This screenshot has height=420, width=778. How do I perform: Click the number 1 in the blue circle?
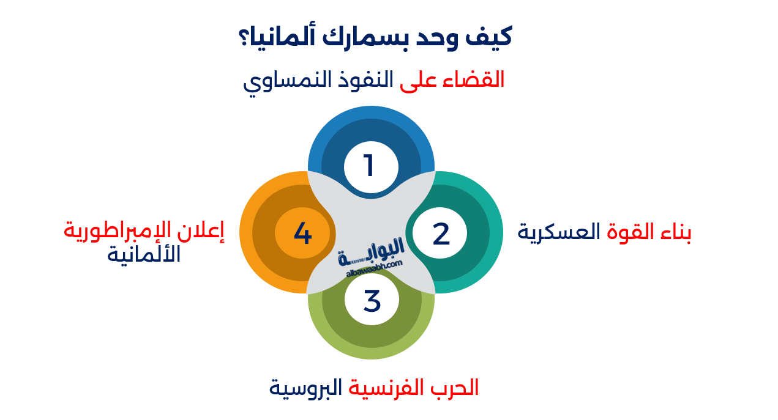(x=369, y=166)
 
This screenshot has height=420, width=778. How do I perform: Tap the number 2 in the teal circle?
(x=441, y=234)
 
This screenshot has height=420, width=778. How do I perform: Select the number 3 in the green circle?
(x=372, y=301)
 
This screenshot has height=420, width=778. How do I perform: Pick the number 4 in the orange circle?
(x=302, y=234)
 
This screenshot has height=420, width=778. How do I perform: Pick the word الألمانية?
(x=144, y=254)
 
